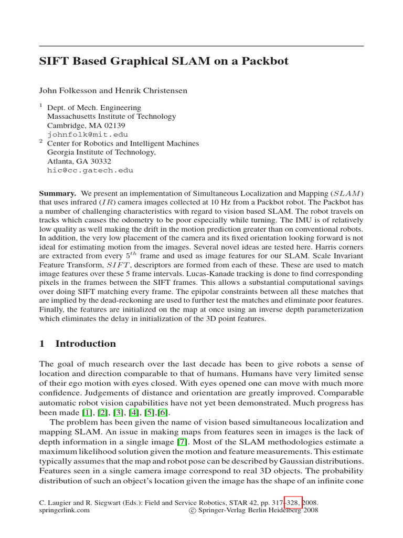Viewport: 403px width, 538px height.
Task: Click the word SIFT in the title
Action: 56,61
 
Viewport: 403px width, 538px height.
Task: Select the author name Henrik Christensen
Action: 153,90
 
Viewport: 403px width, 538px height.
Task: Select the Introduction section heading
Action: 86,344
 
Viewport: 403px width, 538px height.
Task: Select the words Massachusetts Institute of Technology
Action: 112,117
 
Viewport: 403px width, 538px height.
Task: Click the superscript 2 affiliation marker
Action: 41,141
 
